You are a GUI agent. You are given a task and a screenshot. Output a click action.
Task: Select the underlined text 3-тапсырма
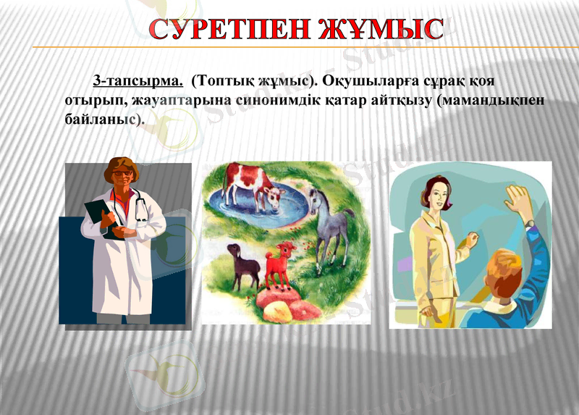tap(137, 78)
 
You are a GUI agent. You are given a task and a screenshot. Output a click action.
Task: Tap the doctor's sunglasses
tap(122, 175)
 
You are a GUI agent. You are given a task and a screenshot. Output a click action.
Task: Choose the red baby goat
tap(280, 264)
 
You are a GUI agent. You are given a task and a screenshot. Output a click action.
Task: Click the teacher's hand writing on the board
tap(472, 238)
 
